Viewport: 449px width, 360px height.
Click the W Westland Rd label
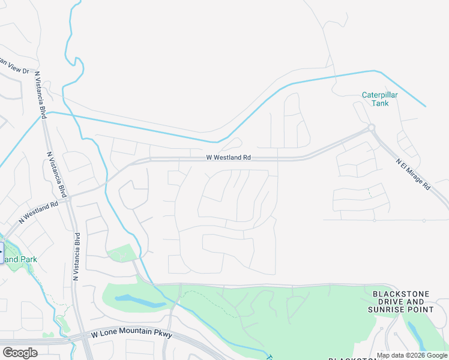coord(228,157)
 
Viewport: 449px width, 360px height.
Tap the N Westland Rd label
coord(38,212)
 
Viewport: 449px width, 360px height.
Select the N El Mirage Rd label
coord(413,174)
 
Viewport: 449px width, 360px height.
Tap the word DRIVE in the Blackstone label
coord(396,302)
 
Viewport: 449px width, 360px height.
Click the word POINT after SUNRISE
coord(421,310)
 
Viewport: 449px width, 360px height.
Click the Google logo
coord(20,353)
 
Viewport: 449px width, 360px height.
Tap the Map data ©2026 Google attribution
coord(412,355)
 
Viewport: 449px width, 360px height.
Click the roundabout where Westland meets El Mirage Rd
coord(372,127)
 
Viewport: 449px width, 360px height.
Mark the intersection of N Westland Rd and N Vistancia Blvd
coord(70,197)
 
